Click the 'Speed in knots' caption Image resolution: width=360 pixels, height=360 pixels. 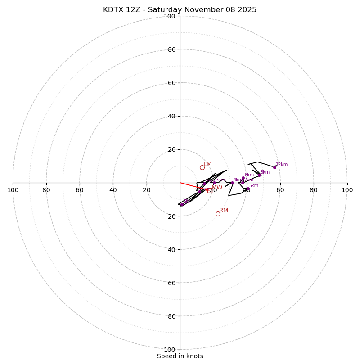180,356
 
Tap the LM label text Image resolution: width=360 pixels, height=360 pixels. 207,164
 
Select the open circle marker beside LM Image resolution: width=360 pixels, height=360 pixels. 202,167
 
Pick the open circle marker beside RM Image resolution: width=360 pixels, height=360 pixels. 218,214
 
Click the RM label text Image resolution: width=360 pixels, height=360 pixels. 224,211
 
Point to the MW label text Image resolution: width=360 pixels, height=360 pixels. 217,188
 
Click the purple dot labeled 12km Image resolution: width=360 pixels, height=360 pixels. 274,167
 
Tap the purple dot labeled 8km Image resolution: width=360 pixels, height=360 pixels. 259,175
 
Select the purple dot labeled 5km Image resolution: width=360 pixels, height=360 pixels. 248,189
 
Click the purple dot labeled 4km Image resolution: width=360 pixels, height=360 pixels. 232,183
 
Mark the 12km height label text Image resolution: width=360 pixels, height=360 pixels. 282,165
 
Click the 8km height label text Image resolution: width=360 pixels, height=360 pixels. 265,172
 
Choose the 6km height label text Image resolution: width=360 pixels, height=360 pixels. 249,175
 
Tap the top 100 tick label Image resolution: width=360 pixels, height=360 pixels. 170,16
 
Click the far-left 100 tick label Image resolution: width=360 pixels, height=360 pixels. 13,190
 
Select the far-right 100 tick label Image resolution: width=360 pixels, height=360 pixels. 347,190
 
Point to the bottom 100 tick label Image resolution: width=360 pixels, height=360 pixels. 170,349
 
